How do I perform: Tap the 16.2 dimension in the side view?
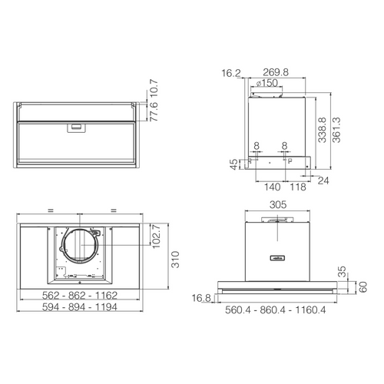pyautogui.click(x=231, y=73)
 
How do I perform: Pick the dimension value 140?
pyautogui.click(x=272, y=187)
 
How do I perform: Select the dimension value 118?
pyautogui.click(x=298, y=187)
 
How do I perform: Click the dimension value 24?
pyautogui.click(x=323, y=181)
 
